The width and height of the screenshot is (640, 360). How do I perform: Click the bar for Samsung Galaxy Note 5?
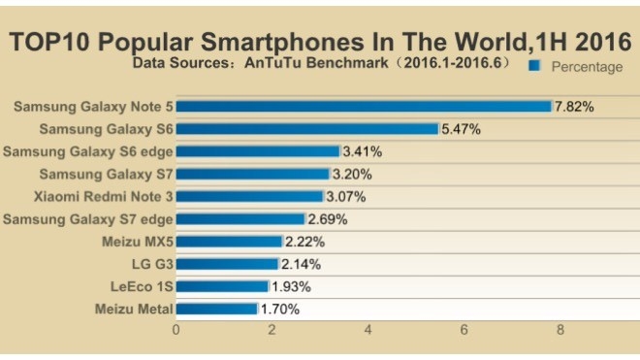tap(363, 106)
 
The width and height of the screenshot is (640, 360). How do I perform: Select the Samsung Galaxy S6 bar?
tap(306, 128)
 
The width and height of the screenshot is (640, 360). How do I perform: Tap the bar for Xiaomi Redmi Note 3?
tap(248, 196)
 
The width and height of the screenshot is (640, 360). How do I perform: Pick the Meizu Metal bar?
tap(216, 310)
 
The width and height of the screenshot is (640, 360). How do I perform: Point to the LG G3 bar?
tap(226, 264)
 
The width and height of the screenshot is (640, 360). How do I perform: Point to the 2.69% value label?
tap(327, 219)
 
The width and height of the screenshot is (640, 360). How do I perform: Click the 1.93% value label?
tap(290, 287)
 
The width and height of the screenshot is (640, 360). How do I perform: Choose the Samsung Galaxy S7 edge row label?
tap(87, 219)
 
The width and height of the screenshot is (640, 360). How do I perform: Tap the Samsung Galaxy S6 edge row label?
tap(87, 151)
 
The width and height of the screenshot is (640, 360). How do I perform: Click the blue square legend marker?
tap(533, 66)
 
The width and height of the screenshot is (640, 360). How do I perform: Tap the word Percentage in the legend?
tap(587, 67)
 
